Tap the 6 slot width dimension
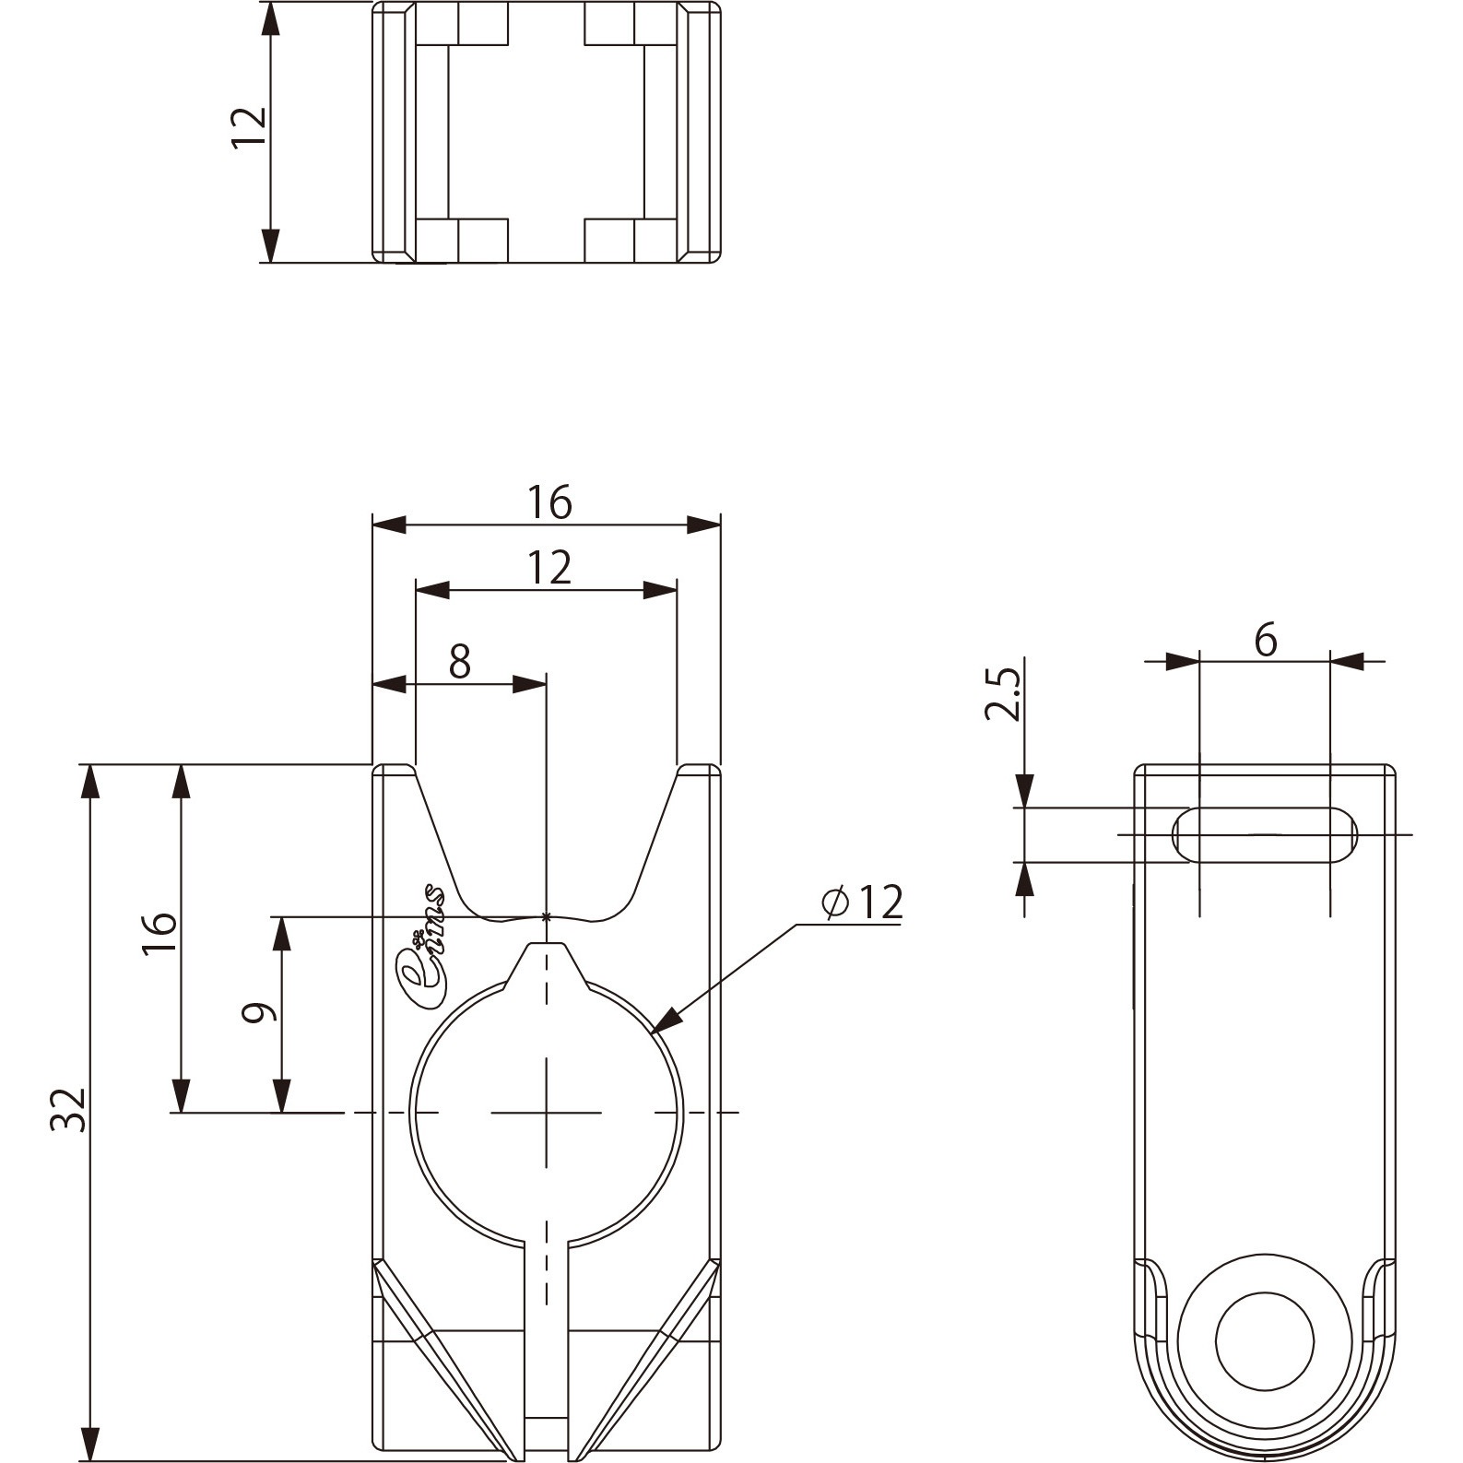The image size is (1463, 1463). [1266, 640]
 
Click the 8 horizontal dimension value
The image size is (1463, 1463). [460, 661]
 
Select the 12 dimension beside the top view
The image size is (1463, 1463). [249, 127]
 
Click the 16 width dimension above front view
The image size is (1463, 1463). [549, 502]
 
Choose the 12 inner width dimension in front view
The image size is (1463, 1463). [549, 568]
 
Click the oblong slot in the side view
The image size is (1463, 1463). [1265, 834]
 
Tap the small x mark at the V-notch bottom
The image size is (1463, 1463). [547, 916]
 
